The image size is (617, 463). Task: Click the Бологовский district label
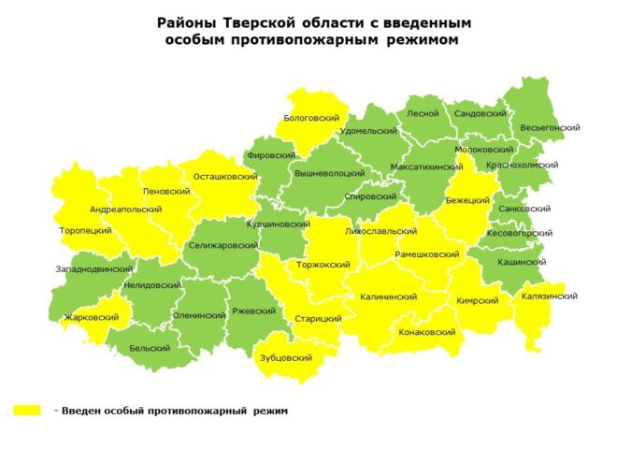point(311,118)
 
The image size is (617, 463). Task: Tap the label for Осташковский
point(225,176)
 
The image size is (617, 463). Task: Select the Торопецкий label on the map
point(85,229)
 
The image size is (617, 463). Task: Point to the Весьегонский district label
point(551,126)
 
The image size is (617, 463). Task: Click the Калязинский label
point(551,296)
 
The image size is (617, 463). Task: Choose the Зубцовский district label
point(285,357)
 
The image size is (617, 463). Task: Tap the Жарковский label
point(92,317)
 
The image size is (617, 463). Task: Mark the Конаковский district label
point(426,331)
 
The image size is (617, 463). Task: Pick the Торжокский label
point(323,264)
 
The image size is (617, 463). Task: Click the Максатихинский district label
point(426,166)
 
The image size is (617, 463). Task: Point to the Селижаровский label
point(222,245)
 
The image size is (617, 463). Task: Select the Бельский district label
point(150,347)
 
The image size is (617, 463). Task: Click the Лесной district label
point(423,113)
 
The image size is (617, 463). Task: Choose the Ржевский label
point(253,311)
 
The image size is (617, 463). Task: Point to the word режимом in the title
point(423,40)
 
